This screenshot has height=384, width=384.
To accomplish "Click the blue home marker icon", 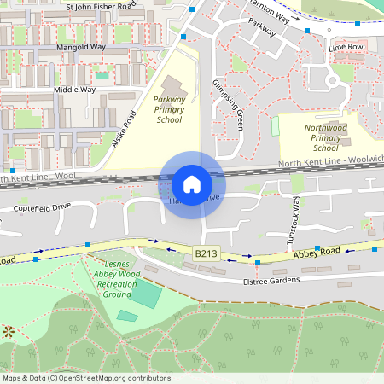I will [x=192, y=183].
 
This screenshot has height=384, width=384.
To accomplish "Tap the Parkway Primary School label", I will [x=169, y=109].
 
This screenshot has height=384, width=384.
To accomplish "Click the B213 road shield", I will [x=206, y=253].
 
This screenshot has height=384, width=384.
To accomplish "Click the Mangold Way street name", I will [x=79, y=48].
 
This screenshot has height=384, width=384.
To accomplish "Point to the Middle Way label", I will [x=74, y=89].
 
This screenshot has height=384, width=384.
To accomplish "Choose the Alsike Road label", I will [x=124, y=129].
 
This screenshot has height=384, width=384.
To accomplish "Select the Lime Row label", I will [x=346, y=47].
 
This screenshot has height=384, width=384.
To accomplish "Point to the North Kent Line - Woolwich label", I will [x=331, y=161].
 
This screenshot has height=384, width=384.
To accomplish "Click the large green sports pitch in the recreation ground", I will [x=145, y=295].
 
